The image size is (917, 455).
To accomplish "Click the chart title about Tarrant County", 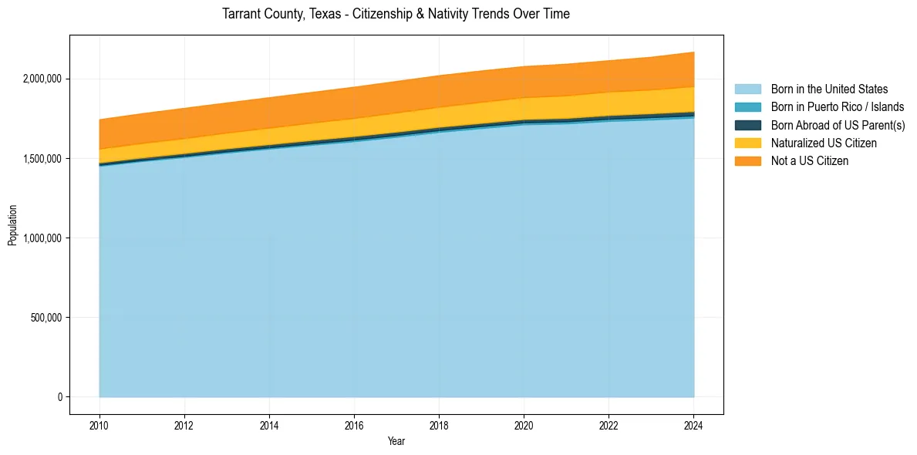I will tap(396, 14).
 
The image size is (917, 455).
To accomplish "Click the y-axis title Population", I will tap(12, 225).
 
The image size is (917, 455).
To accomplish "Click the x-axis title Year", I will tap(396, 441).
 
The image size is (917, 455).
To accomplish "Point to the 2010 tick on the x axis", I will tap(99, 425).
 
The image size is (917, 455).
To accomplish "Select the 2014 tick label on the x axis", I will tap(269, 425).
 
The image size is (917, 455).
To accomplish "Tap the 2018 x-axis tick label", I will tap(439, 425).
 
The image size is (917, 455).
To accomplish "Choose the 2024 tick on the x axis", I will tap(693, 425).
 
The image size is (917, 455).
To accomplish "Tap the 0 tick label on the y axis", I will tap(59, 396).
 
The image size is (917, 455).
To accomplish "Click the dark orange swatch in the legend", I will tap(747, 160).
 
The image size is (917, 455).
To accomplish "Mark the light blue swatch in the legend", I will tap(747, 89).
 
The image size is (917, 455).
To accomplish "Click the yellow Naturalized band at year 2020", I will tap(524, 109).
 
